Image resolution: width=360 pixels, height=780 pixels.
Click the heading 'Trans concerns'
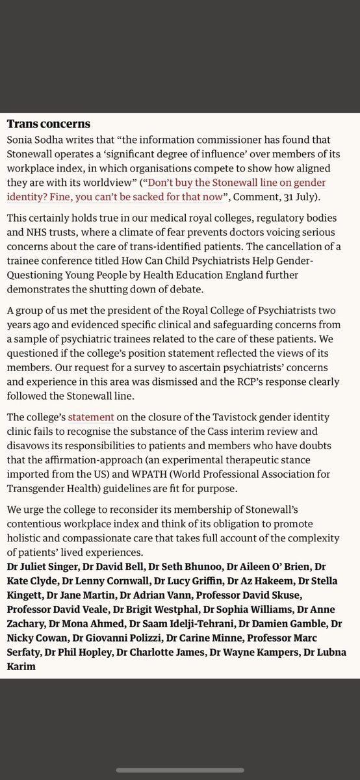pos(48,123)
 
